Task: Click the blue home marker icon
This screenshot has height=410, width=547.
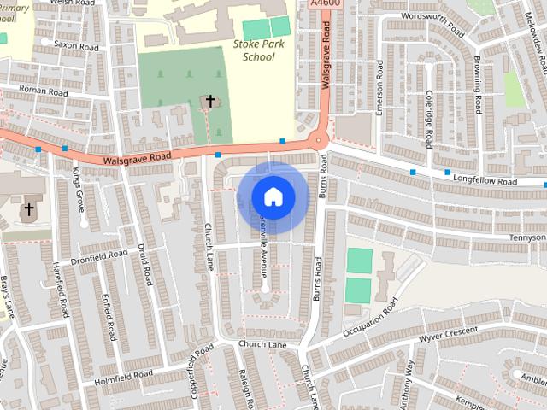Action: pyautogui.click(x=273, y=197)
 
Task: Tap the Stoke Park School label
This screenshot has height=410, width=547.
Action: pyautogui.click(x=254, y=50)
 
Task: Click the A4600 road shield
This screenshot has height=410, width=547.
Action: pyautogui.click(x=325, y=5)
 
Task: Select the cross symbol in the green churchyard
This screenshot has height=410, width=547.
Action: pyautogui.click(x=210, y=102)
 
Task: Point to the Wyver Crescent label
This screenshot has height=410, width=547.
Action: pyautogui.click(x=448, y=334)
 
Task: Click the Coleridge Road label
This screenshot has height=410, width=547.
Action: pyautogui.click(x=428, y=120)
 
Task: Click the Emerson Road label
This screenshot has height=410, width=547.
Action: pyautogui.click(x=381, y=85)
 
